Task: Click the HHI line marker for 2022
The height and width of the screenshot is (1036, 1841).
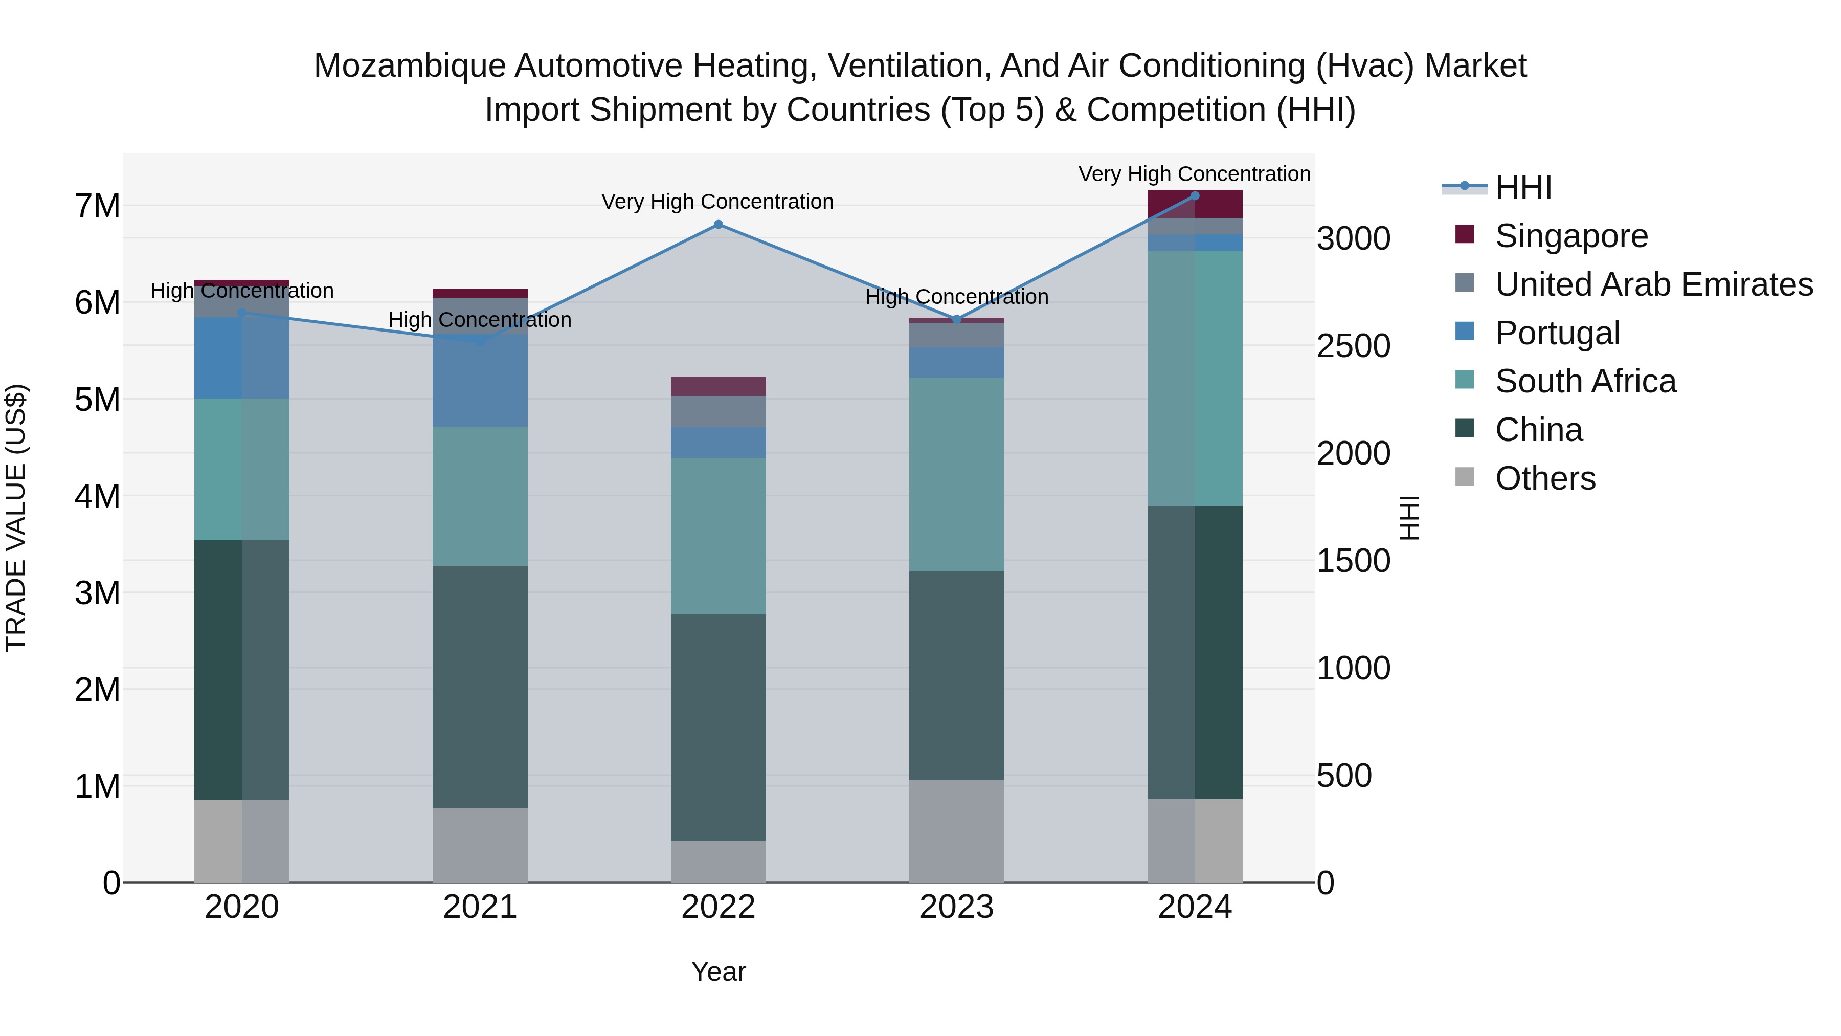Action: (x=719, y=225)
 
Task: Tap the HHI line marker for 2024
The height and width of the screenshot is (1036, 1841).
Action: (x=1195, y=196)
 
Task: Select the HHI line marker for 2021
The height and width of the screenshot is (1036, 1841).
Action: (x=480, y=342)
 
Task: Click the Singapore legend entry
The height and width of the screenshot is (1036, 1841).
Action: (x=1571, y=236)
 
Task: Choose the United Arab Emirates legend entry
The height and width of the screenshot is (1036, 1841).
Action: (x=1653, y=284)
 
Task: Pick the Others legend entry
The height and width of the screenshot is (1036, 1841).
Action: (x=1544, y=478)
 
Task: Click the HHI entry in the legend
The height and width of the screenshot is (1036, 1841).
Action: (x=1523, y=187)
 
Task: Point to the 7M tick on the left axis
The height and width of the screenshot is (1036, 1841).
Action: (x=97, y=206)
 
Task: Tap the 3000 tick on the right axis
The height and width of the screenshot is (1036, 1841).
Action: (x=1354, y=239)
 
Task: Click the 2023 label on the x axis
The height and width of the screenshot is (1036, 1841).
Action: (x=956, y=907)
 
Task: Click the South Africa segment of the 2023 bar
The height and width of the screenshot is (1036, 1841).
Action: (x=956, y=475)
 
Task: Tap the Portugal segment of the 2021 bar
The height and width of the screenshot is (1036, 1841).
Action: (x=480, y=380)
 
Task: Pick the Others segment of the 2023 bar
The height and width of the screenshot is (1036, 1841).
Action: (x=956, y=831)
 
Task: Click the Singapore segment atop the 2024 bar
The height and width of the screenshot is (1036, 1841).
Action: (x=1195, y=204)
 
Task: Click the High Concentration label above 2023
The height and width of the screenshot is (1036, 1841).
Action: (x=956, y=297)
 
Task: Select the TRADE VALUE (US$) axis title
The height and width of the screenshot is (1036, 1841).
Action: (x=16, y=518)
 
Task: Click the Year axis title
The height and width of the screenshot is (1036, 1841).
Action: (x=719, y=972)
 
